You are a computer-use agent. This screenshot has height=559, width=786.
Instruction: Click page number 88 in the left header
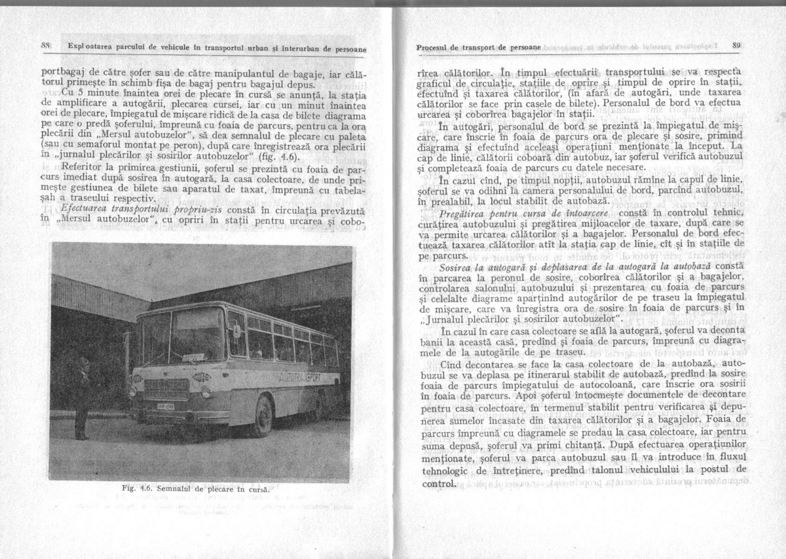[47, 46]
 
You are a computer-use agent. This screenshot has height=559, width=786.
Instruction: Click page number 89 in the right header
[736, 46]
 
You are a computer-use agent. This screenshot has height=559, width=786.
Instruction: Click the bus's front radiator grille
[159, 388]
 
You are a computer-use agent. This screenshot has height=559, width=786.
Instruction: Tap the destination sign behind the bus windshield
[193, 357]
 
